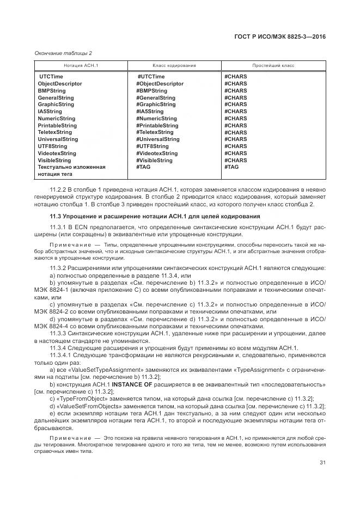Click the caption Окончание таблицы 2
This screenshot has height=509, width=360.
pos(63,53)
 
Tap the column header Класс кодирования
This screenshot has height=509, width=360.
pos(174,65)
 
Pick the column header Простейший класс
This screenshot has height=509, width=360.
pos(273,65)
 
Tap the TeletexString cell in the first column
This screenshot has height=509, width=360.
pos(54,132)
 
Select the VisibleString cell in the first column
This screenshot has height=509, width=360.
pos(54,161)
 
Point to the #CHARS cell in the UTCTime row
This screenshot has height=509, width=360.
pos(235,77)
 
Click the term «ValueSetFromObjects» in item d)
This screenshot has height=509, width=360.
pos(82,406)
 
